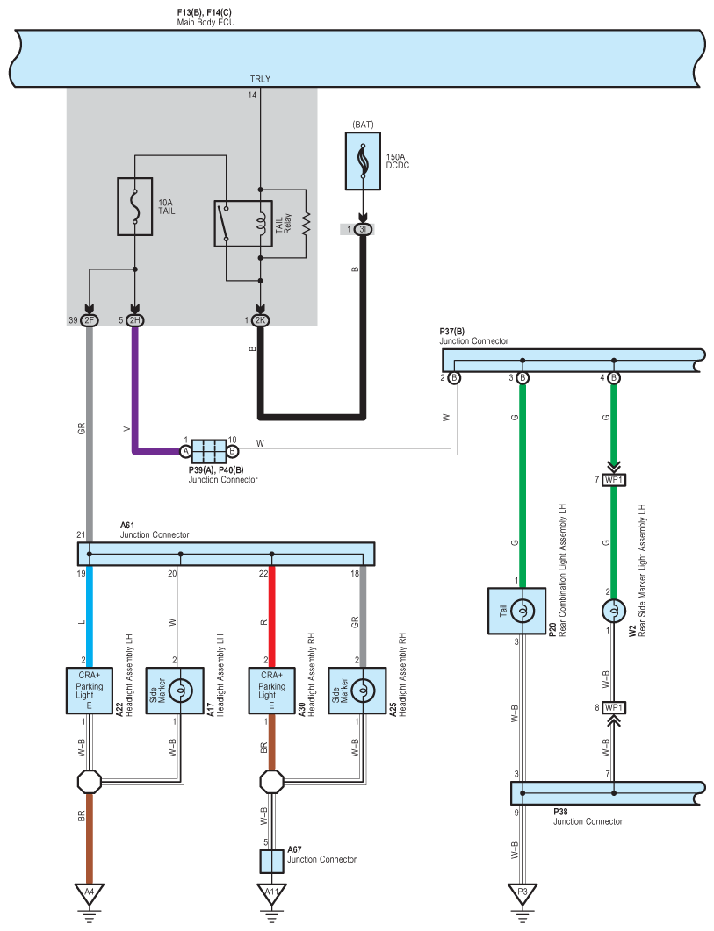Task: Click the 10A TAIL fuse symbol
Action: pyautogui.click(x=135, y=206)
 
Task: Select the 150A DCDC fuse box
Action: pyautogui.click(x=364, y=161)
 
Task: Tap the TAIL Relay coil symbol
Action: pyautogui.click(x=260, y=224)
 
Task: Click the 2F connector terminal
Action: pyautogui.click(x=90, y=320)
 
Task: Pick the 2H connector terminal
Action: pyautogui.click(x=135, y=320)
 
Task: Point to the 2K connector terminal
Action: pyautogui.click(x=260, y=320)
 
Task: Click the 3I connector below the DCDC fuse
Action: pyautogui.click(x=364, y=229)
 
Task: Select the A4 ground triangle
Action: pyautogui.click(x=90, y=893)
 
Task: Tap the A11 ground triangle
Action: pyautogui.click(x=271, y=893)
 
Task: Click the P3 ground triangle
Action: pyautogui.click(x=523, y=893)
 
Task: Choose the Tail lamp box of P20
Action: pyautogui.click(x=516, y=611)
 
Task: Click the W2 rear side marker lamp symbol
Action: pyautogui.click(x=614, y=611)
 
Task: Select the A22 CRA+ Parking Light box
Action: pyautogui.click(x=90, y=691)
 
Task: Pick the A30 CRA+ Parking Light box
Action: pyautogui.click(x=271, y=691)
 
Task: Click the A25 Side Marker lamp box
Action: pyautogui.click(x=357, y=691)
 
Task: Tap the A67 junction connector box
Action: pyautogui.click(x=271, y=862)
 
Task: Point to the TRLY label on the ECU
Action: pyautogui.click(x=260, y=79)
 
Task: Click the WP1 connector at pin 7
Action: pyautogui.click(x=614, y=480)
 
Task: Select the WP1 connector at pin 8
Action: pyautogui.click(x=614, y=708)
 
